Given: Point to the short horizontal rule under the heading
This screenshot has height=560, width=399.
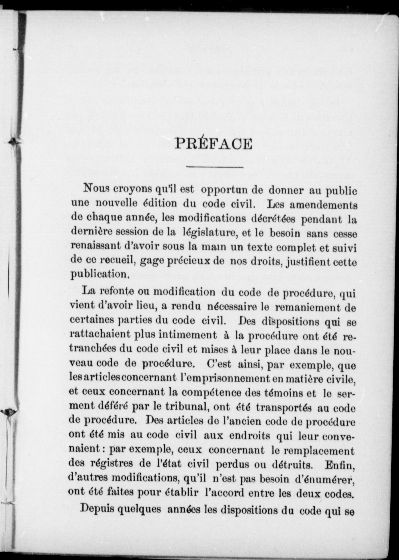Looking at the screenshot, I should tap(215, 167).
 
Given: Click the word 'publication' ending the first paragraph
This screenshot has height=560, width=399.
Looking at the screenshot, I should tap(99, 275).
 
